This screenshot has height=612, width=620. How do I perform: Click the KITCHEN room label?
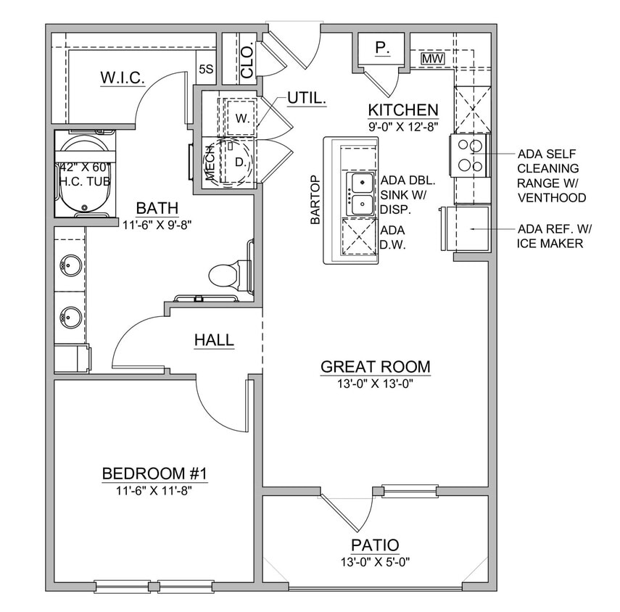(x=403, y=109)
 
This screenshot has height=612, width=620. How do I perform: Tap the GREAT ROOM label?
(x=376, y=366)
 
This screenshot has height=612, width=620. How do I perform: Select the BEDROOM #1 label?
(x=155, y=474)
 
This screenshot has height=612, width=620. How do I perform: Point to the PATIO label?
(x=375, y=545)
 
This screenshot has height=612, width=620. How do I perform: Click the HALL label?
(x=214, y=339)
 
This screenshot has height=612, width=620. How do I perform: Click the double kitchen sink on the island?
(x=362, y=194)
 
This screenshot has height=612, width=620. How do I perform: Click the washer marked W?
(x=241, y=118)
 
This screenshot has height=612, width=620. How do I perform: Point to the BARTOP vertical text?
(x=315, y=200)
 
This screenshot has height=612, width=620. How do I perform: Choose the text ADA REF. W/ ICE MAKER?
(x=555, y=236)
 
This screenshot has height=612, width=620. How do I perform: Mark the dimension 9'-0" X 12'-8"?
(x=403, y=125)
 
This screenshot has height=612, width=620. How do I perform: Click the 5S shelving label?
(x=206, y=70)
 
